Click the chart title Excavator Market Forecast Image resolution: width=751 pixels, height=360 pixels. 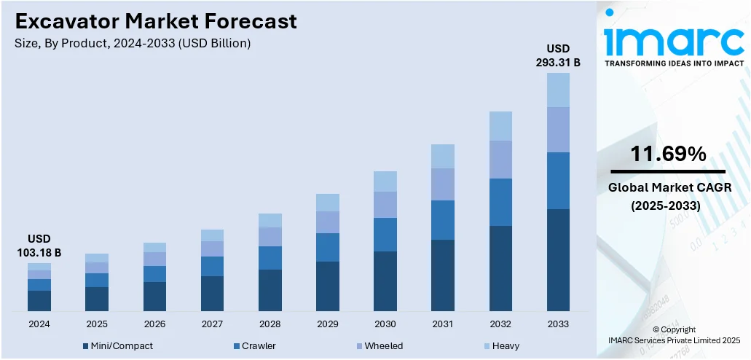[156, 21]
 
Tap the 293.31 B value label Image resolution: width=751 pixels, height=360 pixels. [558, 62]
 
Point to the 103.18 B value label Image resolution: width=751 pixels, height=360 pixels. [39, 252]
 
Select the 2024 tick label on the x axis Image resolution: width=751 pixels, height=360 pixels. [39, 324]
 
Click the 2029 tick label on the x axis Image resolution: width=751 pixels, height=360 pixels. [328, 324]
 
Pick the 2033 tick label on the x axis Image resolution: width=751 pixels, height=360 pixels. [558, 324]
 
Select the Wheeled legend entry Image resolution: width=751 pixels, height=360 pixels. [383, 345]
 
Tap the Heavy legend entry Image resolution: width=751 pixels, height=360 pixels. [506, 345]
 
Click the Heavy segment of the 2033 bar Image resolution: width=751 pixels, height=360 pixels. [558, 90]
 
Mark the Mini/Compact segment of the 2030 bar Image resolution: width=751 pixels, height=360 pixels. [385, 281]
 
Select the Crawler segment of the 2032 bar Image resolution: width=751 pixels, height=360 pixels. [500, 202]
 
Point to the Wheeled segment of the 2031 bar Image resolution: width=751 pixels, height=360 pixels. [443, 184]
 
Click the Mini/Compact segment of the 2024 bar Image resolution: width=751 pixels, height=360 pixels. [39, 301]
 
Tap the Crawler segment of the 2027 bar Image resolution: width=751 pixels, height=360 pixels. [212, 266]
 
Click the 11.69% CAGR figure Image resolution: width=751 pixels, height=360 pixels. [668, 154]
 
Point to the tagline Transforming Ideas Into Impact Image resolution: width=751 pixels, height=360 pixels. [674, 63]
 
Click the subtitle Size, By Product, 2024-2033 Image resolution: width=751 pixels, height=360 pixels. [132, 44]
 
